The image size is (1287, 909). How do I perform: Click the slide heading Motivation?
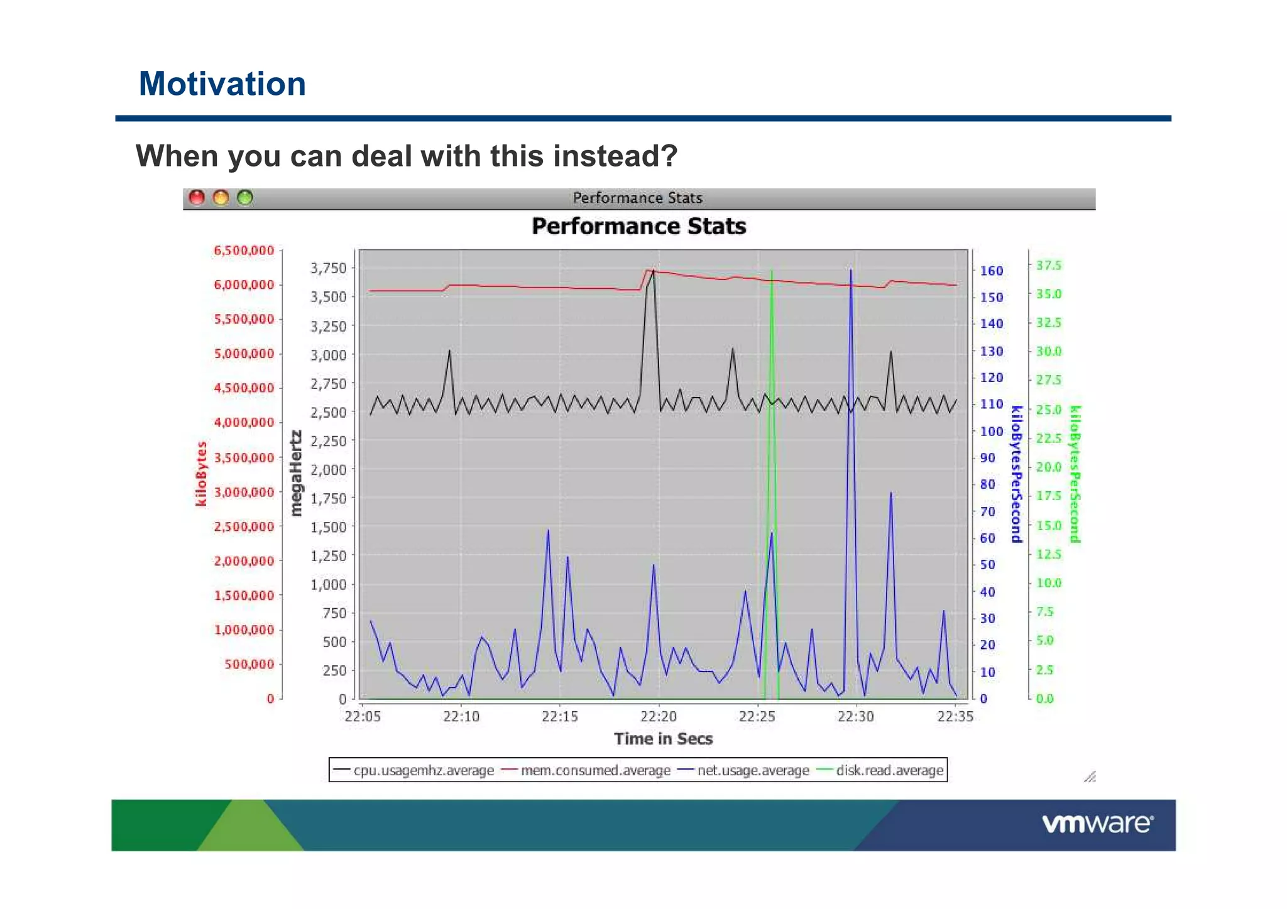(222, 84)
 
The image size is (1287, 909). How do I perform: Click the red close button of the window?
(197, 198)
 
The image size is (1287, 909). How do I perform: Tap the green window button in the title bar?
(245, 198)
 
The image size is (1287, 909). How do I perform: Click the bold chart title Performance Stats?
(638, 226)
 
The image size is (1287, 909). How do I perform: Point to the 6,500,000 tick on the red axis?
(244, 251)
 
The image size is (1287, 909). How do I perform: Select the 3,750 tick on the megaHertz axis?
(328, 268)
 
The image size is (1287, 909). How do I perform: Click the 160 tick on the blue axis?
(992, 271)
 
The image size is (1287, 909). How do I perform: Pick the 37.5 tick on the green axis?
(1049, 266)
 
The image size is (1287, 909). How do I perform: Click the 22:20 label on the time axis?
(659, 717)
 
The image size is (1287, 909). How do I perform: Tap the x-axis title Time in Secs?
(663, 739)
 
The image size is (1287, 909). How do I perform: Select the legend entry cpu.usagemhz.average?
(423, 771)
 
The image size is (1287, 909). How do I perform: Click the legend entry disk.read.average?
(889, 771)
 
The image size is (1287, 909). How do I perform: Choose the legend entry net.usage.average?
(753, 771)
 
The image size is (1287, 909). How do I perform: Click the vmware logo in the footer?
(1097, 824)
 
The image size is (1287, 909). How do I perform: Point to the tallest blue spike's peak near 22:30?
(851, 270)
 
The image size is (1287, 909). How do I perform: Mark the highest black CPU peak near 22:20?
(654, 271)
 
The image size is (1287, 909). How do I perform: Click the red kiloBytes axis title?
(201, 474)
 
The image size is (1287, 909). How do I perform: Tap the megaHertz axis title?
(295, 474)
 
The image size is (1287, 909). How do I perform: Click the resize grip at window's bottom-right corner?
(1090, 777)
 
